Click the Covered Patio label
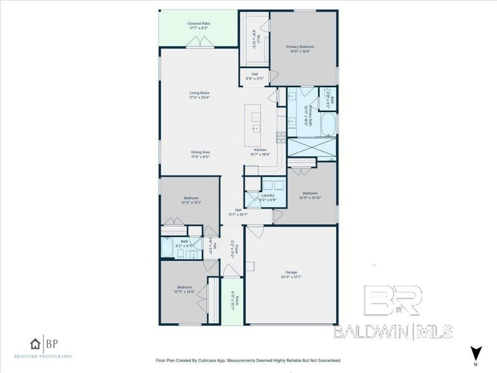(x=199, y=24)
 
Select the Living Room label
(x=199, y=93)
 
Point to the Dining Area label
(x=200, y=153)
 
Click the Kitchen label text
(x=260, y=150)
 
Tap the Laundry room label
(x=268, y=196)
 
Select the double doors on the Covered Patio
(x=199, y=43)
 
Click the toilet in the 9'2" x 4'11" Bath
(x=181, y=253)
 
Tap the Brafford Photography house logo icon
(x=36, y=344)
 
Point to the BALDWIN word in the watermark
(x=372, y=332)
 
